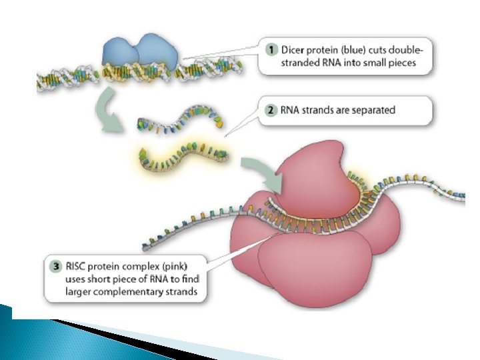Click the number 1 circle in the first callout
click(269, 48)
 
